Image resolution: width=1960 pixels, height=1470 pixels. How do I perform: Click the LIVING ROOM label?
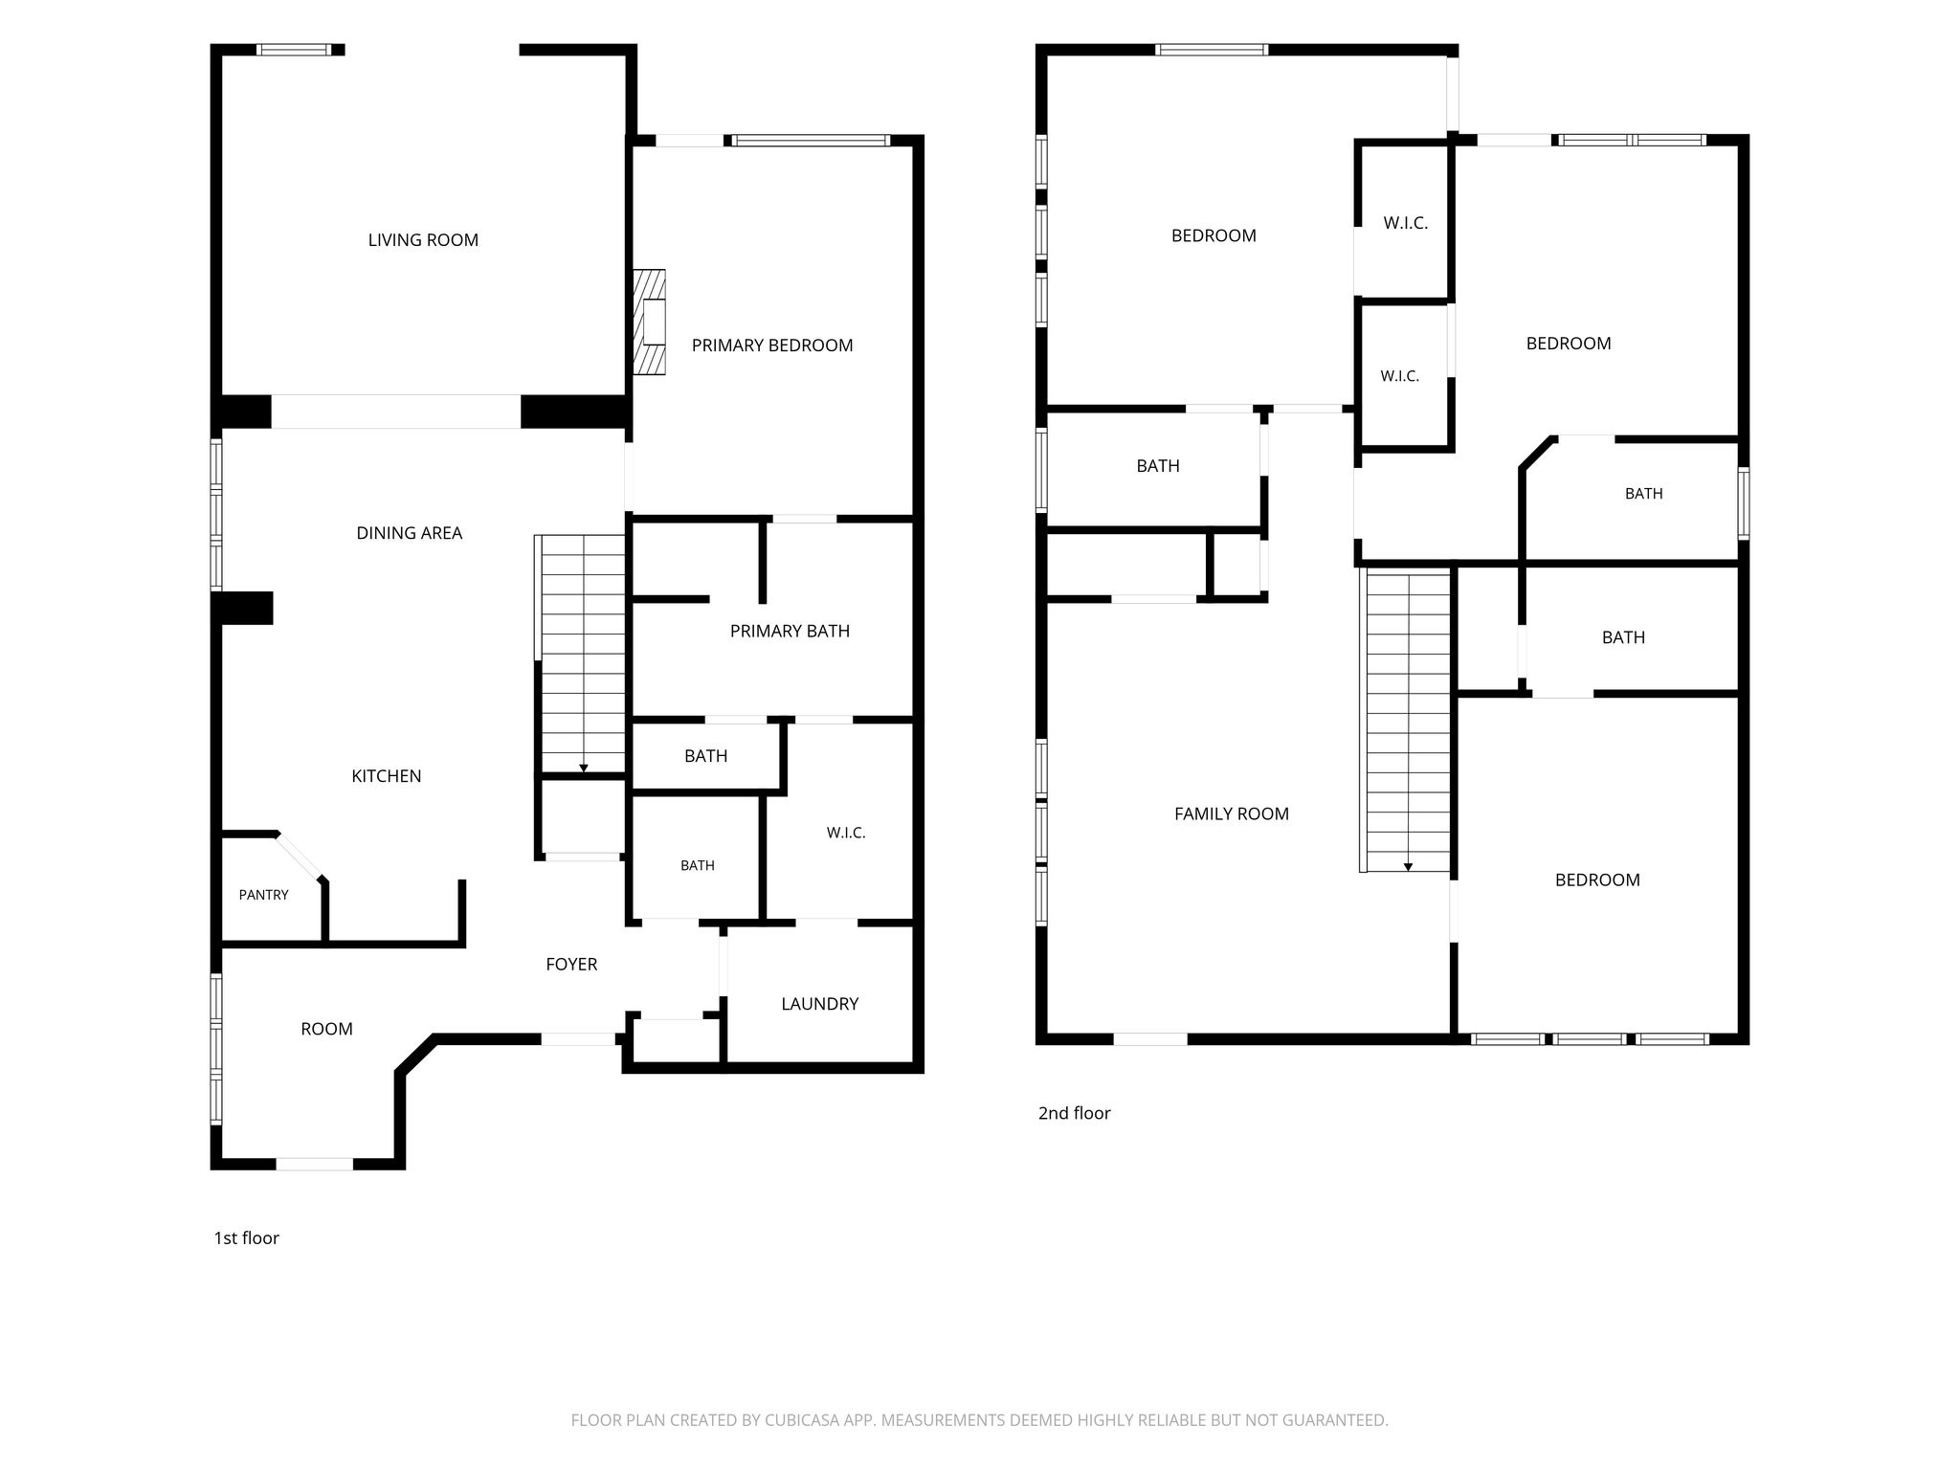coord(423,240)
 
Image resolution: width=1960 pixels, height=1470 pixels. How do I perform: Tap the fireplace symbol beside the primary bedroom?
coord(649,322)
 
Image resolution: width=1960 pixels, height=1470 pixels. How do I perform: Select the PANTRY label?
coord(263,895)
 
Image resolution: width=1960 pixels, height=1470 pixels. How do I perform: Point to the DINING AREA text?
coord(409,533)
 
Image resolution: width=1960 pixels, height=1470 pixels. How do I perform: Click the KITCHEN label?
coord(387,776)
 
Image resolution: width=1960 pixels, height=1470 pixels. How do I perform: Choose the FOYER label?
coord(571,965)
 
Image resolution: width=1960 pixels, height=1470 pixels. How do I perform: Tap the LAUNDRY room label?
coord(819,1004)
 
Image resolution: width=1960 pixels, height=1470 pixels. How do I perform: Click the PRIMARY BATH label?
coord(790,631)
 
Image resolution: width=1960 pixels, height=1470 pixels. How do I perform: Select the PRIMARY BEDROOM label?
coord(772,345)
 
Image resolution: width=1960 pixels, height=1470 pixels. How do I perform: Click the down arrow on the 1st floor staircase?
coord(584,768)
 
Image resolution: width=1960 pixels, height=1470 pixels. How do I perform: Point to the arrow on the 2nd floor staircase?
coord(1408,866)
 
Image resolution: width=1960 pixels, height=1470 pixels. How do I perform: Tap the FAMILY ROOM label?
coord(1232,814)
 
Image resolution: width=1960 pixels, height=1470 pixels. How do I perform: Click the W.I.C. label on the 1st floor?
coord(846,834)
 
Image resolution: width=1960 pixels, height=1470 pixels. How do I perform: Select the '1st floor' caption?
coord(246,1238)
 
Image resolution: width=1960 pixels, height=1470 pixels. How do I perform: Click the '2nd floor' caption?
coord(1074,1113)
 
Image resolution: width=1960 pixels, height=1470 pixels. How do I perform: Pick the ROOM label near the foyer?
coord(327,1029)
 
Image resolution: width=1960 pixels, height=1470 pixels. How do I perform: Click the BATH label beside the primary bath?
coord(706,756)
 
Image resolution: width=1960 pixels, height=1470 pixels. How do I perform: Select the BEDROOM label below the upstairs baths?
coord(1597,880)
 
